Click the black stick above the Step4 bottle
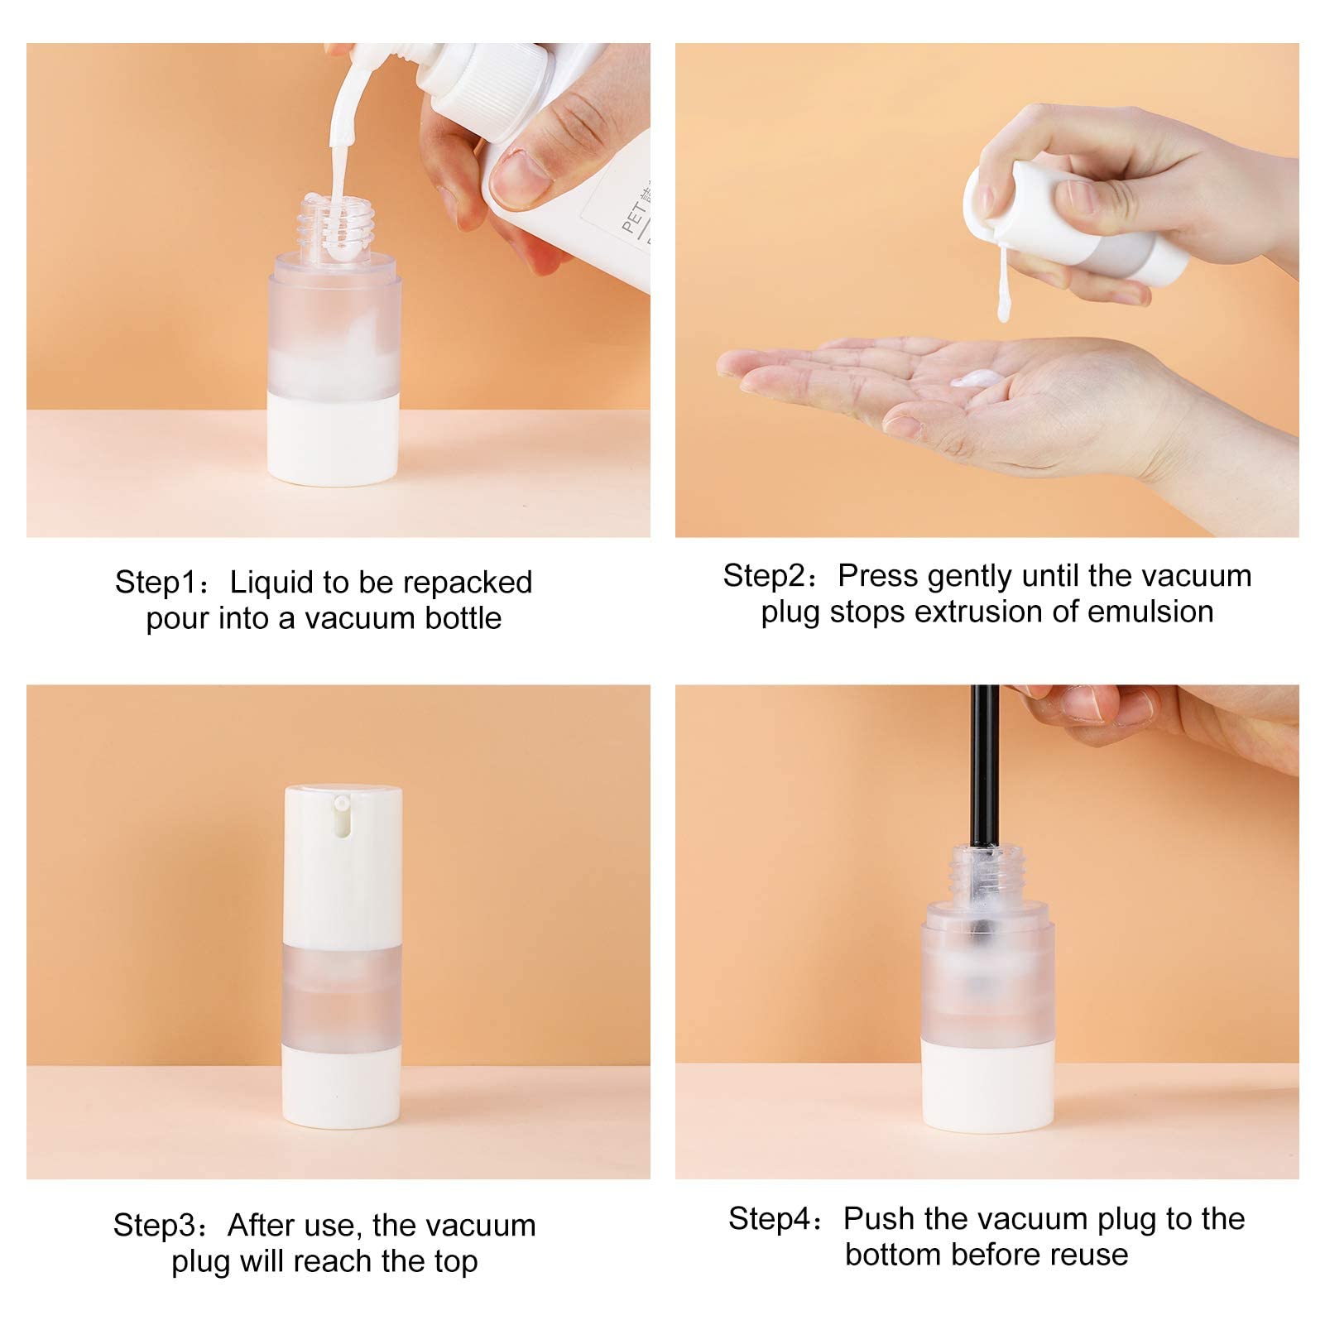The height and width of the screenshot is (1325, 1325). (x=982, y=761)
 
